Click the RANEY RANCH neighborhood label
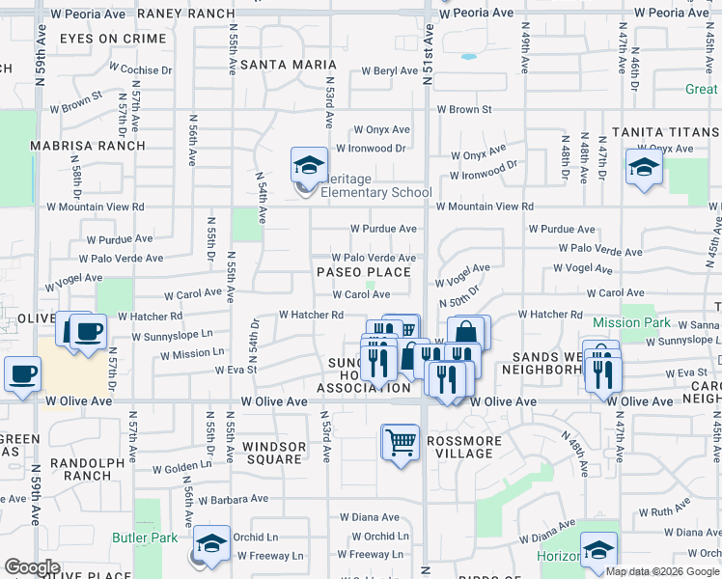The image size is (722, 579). tap(199, 14)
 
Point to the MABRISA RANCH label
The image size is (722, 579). tap(88, 146)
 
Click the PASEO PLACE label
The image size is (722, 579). tap(364, 272)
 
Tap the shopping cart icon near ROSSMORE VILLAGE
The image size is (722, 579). tap(401, 442)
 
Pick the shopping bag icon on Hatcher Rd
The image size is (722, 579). tap(464, 332)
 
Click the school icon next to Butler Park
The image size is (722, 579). tap(212, 542)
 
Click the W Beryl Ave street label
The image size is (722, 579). tap(390, 71)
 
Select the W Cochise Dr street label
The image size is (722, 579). tap(140, 69)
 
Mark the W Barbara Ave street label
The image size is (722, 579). tap(231, 499)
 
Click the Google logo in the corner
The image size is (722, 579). tap(32, 567)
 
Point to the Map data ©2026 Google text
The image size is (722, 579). tap(661, 571)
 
